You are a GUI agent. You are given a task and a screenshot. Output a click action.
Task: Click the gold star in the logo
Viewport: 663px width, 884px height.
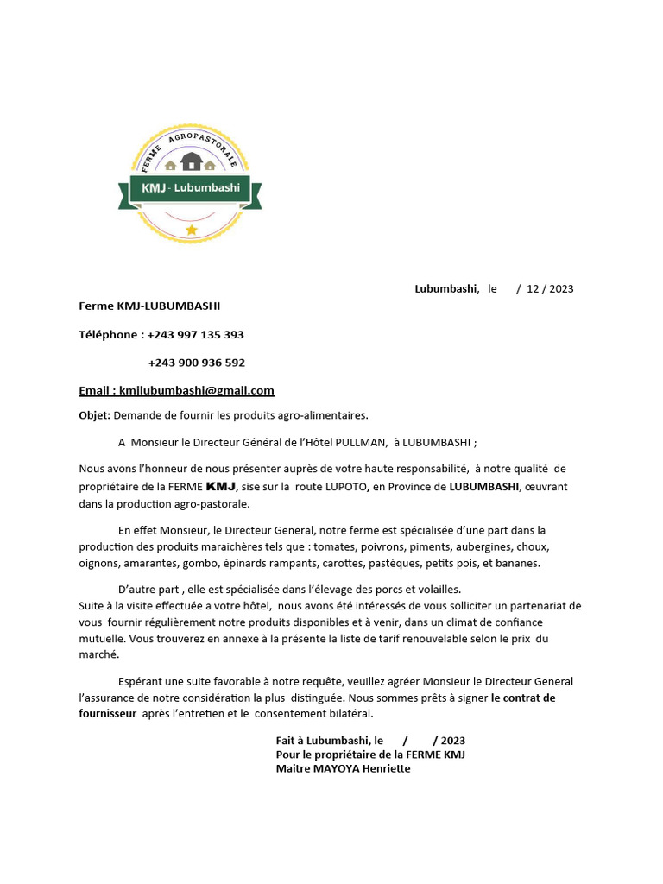point(191,230)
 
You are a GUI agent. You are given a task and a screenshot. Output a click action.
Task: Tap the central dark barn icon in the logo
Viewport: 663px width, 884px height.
point(191,161)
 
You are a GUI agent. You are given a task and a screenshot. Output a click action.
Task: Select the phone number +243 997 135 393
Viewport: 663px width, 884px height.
point(196,334)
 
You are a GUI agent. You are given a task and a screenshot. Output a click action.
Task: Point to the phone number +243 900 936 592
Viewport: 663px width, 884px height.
point(197,363)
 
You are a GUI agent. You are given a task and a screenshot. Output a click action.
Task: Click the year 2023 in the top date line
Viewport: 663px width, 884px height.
point(560,289)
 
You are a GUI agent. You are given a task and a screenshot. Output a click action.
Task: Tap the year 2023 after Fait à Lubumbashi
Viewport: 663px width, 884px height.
point(451,741)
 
